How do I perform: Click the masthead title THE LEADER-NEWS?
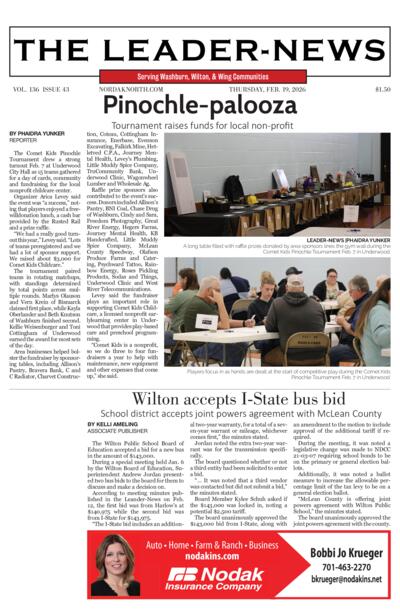coord(200,50)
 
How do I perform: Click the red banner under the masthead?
coord(200,76)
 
